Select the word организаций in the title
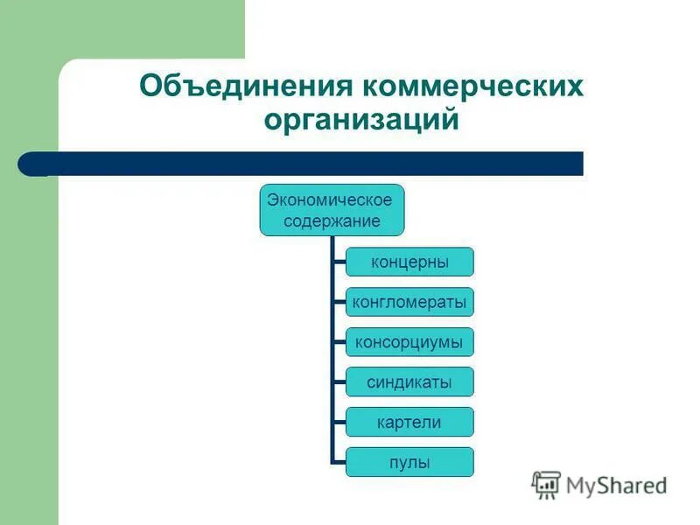[x=362, y=119]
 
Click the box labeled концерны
[x=409, y=262]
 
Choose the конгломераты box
[x=409, y=303]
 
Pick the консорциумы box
[x=409, y=342]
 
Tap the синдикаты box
[x=409, y=382]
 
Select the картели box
[x=409, y=423]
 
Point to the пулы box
[x=409, y=462]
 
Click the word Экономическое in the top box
[x=331, y=199]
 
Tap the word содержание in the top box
[x=332, y=220]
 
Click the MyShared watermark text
[x=616, y=485]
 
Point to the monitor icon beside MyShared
[x=547, y=485]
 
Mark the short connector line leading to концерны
[x=339, y=262]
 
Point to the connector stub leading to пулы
[x=339, y=462]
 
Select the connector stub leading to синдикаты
[x=339, y=382]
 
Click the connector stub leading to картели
[x=339, y=423]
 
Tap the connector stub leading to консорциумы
[x=339, y=342]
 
